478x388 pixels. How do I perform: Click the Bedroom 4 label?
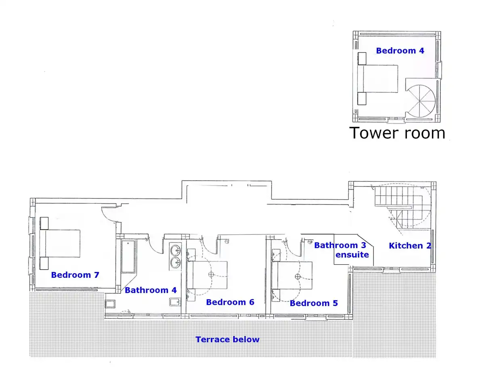coord(400,51)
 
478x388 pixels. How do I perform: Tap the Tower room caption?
coord(397,133)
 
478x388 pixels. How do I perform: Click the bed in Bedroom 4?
coord(378,79)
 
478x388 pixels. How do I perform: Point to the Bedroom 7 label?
coord(75,275)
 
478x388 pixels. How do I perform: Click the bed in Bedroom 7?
coord(60,244)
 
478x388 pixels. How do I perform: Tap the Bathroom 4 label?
coord(151,290)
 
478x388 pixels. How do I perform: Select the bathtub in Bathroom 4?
coord(128,256)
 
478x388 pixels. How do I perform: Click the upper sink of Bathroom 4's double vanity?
coord(175,250)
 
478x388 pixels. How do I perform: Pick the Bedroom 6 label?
coord(230,302)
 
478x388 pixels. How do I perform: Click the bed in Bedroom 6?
coord(207,275)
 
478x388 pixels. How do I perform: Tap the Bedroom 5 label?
coord(314,303)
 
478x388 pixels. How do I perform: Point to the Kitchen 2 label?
coord(410,246)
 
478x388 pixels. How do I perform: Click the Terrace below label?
coord(227,339)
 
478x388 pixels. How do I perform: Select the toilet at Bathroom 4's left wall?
coord(110,304)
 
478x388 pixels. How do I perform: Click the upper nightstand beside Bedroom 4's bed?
coord(362,59)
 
